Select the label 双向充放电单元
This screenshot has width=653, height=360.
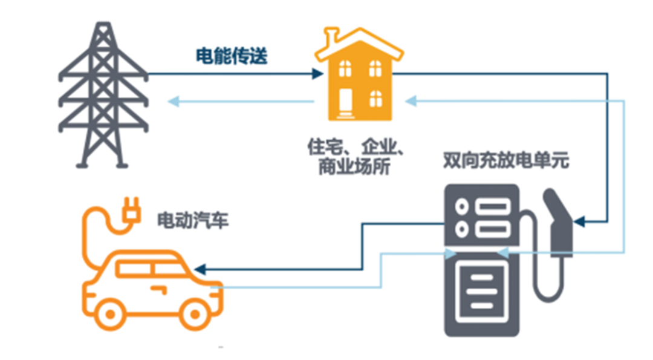506,162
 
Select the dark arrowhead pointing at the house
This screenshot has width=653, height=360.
319,74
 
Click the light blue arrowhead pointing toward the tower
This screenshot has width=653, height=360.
172,102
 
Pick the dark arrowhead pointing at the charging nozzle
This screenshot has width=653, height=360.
579,222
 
